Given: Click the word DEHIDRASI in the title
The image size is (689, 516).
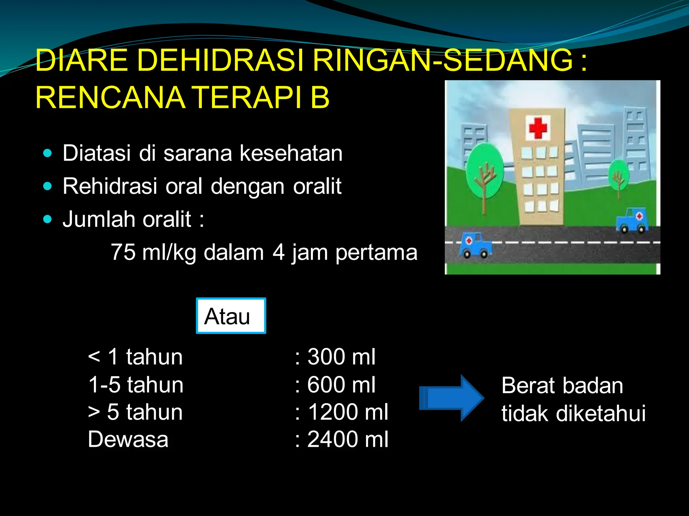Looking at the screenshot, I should (220, 60).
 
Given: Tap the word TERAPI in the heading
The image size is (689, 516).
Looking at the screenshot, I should (247, 98).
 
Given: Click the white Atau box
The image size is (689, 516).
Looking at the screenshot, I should (231, 316).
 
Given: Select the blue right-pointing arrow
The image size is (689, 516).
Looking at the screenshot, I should (451, 398).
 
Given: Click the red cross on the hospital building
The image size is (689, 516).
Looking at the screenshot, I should (538, 128).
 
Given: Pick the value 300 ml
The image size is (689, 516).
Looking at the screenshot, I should (341, 357).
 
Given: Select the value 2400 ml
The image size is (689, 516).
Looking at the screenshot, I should (348, 439).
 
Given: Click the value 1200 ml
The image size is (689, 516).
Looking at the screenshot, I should (348, 412).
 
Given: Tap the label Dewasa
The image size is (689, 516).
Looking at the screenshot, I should (128, 439).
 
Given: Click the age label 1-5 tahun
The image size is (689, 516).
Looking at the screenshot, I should (136, 385).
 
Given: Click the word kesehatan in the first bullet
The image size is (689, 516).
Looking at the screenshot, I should (291, 153).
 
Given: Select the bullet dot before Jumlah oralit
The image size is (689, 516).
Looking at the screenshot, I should (48, 219).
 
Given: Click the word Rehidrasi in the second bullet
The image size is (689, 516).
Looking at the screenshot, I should (110, 186).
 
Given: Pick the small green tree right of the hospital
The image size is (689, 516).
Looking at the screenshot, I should (618, 175).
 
